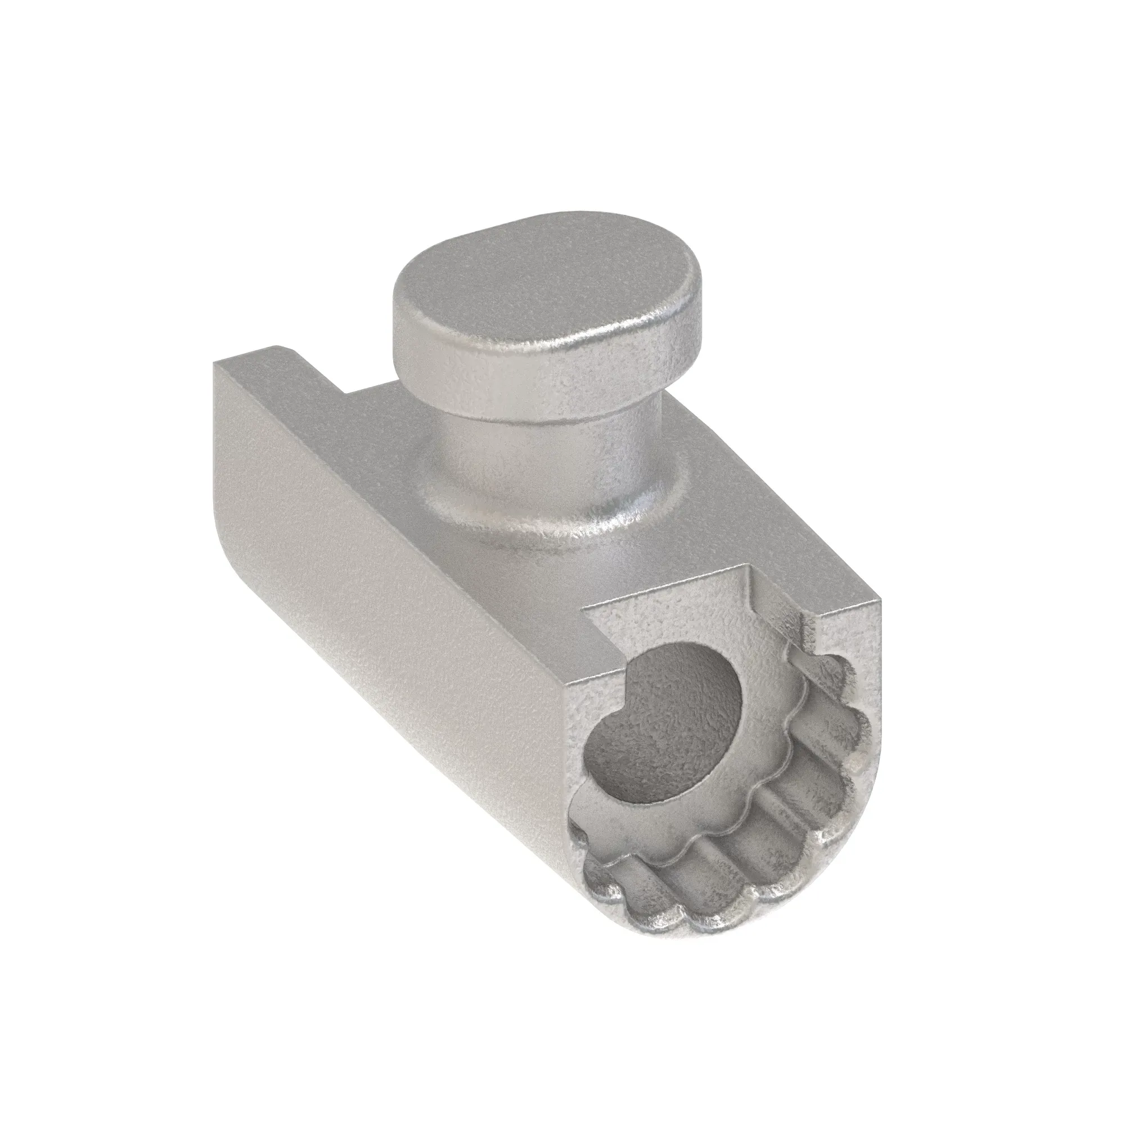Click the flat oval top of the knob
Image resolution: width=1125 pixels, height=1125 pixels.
(542, 280)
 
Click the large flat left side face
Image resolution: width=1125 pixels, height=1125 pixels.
(379, 553)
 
